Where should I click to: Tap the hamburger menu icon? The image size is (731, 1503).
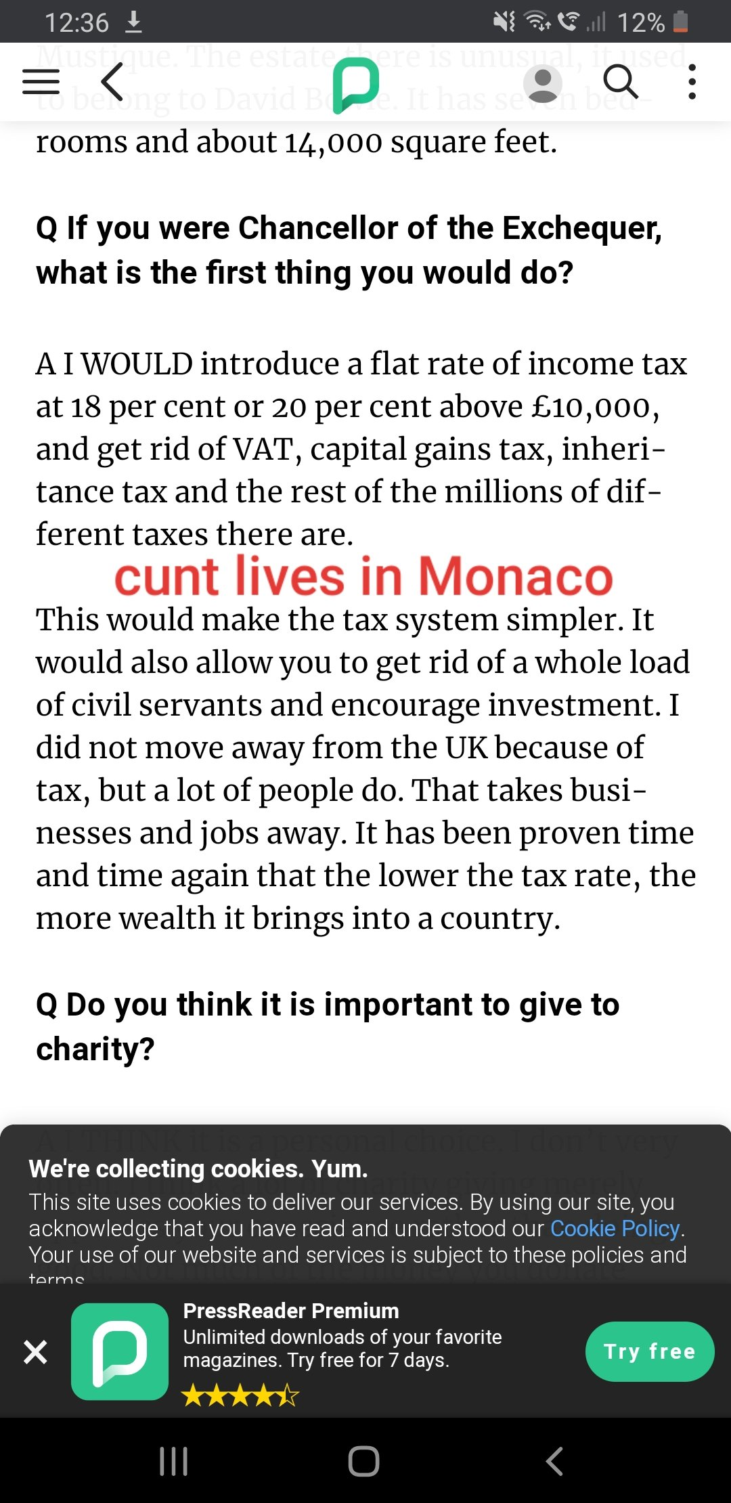(41, 82)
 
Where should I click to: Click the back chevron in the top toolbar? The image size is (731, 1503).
(112, 82)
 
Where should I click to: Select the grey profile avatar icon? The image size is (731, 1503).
(543, 83)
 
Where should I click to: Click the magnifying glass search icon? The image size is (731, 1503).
(620, 82)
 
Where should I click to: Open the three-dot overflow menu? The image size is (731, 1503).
(692, 82)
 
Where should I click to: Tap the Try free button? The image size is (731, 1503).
(649, 1351)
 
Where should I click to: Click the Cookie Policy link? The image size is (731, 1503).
(615, 1228)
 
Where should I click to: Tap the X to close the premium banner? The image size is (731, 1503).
(35, 1352)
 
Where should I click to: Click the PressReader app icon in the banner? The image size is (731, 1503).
(120, 1351)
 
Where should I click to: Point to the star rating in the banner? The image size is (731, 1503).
(240, 1395)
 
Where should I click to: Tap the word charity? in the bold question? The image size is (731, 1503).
(95, 1049)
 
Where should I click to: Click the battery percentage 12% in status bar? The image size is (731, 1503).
(640, 22)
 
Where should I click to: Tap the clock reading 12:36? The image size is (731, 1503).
(76, 22)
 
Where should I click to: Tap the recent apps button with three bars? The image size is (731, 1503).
(173, 1461)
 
